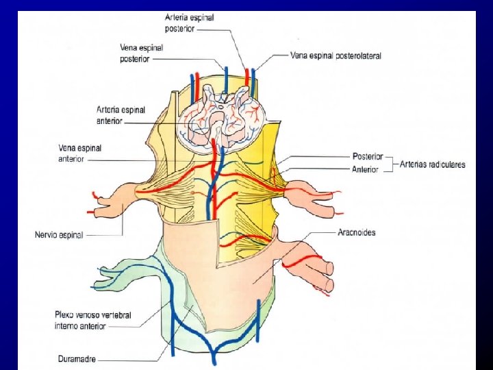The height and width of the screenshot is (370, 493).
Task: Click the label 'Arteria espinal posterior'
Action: coord(189,23)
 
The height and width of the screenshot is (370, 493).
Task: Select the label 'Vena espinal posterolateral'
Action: coord(336,56)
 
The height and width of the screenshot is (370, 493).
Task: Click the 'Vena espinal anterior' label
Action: coord(80,153)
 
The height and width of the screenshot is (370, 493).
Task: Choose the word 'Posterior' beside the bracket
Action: coord(368,157)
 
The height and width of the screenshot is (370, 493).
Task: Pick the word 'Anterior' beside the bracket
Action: coord(365,169)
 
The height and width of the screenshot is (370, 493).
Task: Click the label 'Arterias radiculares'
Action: coord(433,164)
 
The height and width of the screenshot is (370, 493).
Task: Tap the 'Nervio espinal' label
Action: coord(59,235)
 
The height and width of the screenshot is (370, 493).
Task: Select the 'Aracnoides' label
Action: coord(356,232)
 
